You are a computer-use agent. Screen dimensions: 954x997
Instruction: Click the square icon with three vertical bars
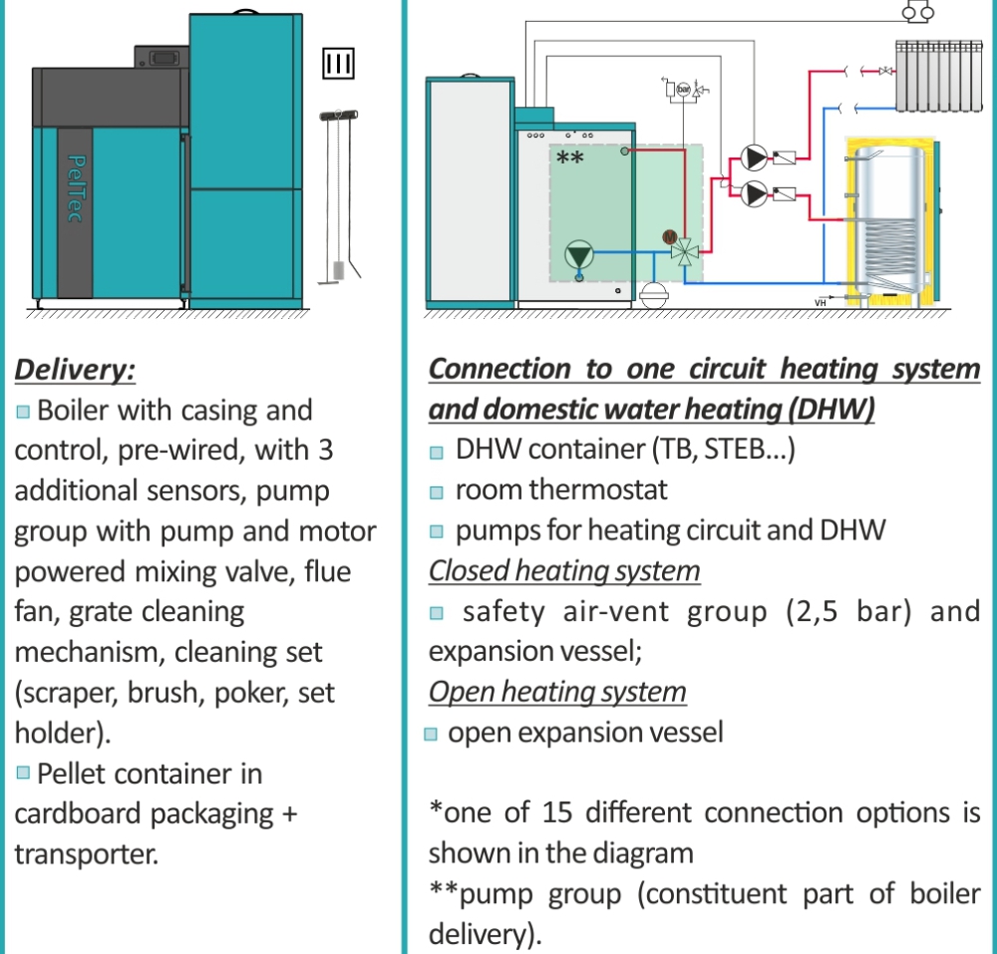point(338,63)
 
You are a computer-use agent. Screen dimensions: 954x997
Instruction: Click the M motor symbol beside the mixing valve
point(669,236)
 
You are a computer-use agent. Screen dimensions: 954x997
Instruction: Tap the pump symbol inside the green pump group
point(578,255)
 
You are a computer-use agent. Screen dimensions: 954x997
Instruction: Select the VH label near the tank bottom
point(821,303)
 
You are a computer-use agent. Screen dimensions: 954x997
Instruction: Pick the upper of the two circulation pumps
point(753,158)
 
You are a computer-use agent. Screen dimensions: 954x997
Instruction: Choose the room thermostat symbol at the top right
point(914,12)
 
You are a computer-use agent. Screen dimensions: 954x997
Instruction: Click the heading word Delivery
point(75,370)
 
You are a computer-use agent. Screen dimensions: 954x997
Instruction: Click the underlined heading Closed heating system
point(564,571)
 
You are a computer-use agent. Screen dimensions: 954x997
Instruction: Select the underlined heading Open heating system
point(557,692)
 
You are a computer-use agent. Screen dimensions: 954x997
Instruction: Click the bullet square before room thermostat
point(436,491)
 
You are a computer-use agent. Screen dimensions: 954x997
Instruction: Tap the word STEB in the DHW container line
point(737,450)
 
